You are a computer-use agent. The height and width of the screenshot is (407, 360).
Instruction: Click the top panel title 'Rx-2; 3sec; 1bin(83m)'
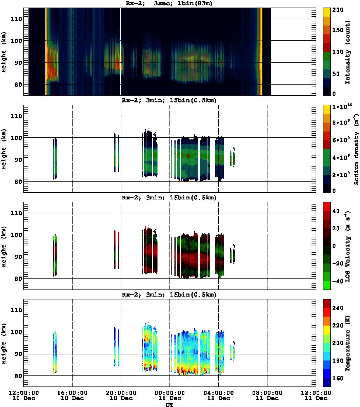point(169,4)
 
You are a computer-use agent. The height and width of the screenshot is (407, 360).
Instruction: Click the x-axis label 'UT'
point(169,405)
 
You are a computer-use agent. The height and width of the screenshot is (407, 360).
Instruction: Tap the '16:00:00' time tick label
point(72,393)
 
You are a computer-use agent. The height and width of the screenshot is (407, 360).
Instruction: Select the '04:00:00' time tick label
point(218,393)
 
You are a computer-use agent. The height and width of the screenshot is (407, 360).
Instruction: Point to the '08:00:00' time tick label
point(267,393)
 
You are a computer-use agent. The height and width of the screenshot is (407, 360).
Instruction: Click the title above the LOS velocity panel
point(169,198)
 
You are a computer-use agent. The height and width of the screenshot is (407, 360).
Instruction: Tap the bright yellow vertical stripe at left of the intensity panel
point(46,51)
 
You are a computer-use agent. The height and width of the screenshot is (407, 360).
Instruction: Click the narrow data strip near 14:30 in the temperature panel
point(55,353)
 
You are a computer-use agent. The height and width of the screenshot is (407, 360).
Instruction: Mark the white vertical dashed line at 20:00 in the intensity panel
point(121,51)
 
